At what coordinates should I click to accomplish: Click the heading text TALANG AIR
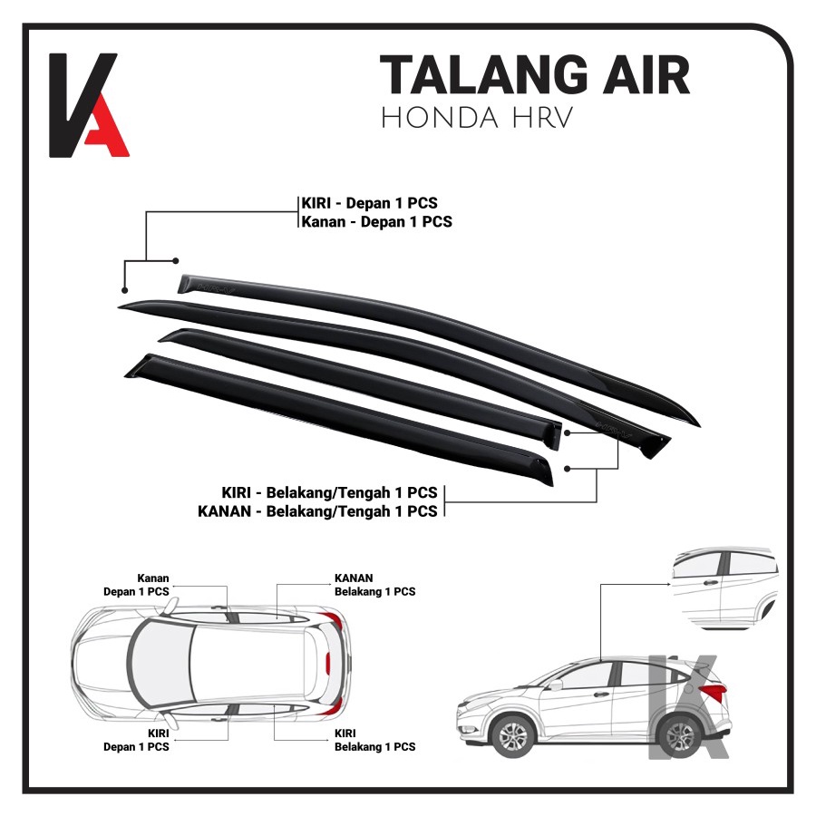(534, 76)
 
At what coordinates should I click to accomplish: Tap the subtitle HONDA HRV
(477, 119)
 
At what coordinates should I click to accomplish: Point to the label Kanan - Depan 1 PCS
(376, 221)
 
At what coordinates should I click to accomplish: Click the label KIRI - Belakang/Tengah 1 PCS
(329, 492)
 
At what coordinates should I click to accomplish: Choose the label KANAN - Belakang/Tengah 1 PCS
(317, 511)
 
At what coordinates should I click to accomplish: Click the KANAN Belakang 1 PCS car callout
(374, 584)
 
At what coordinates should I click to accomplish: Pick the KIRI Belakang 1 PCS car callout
(374, 740)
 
